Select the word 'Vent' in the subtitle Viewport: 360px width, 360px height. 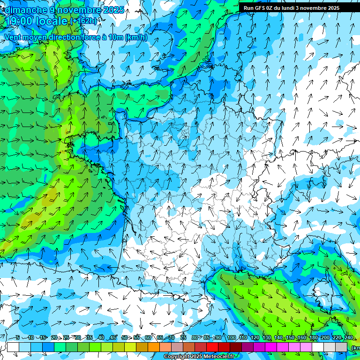pos(13,37)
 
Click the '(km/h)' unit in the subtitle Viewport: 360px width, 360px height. pos(136,37)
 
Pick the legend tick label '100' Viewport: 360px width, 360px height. pos(231,338)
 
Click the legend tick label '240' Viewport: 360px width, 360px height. pos(348,338)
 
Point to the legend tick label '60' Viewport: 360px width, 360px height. pos(148,338)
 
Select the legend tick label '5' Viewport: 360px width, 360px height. pos(18,338)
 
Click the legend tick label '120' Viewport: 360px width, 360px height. pos(255,338)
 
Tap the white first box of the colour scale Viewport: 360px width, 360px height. pos(13,347)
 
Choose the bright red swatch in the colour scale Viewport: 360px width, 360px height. pos(212,347)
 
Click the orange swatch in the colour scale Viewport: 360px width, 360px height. pos(154,347)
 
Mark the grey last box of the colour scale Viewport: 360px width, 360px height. pos(341,347)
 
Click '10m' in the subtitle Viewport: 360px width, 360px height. pos(115,37)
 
